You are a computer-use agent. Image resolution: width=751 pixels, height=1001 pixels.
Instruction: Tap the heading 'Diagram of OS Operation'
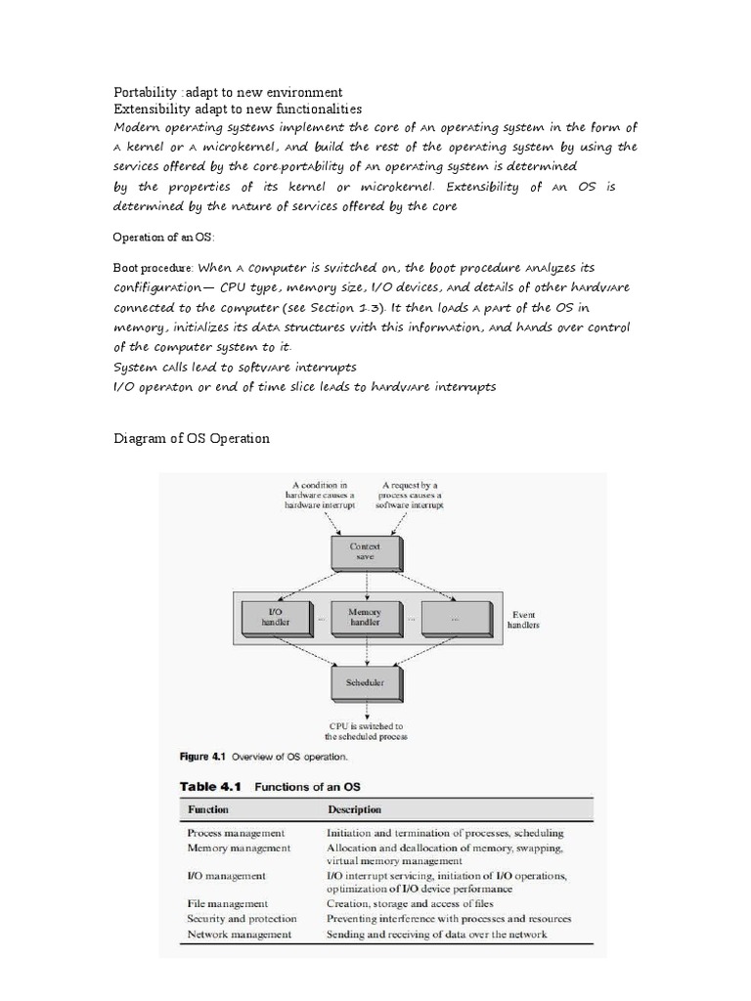coord(192,438)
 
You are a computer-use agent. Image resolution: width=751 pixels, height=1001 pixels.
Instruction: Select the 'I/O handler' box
coord(276,618)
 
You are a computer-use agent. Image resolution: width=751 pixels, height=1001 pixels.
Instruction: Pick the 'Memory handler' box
coord(365,618)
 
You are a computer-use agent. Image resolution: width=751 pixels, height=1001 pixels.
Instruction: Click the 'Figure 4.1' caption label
coord(210,756)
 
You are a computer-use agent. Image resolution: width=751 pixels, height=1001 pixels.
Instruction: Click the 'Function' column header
coord(208,809)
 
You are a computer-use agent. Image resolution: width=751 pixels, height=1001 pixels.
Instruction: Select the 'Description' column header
coord(354,809)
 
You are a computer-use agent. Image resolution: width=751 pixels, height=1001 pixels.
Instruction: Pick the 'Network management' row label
coord(239,935)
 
